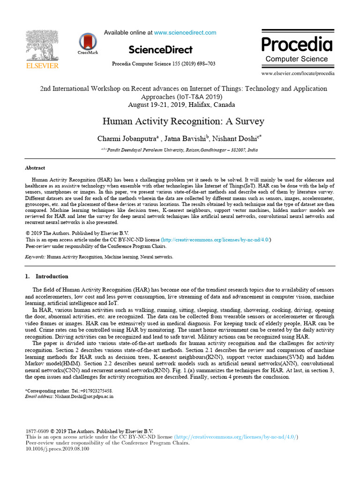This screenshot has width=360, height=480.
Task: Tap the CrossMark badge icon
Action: [x=88, y=43]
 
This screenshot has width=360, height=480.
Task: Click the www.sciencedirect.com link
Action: [x=185, y=33]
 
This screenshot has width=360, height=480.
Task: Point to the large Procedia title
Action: [x=297, y=45]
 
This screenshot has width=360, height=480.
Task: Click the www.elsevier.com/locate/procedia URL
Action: [x=298, y=74]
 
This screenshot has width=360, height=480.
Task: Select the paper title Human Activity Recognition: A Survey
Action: [x=183, y=122]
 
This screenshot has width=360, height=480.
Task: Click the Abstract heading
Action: [x=35, y=168]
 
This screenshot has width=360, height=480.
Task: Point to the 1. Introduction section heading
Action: [x=46, y=276]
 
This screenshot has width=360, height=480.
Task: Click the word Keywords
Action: [x=35, y=257]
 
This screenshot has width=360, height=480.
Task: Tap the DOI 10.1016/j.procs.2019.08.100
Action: [x=57, y=449]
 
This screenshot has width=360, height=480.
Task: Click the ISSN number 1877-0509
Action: [x=37, y=431]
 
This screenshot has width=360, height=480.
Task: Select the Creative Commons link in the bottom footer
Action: [x=235, y=437]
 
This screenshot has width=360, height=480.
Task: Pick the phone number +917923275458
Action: [x=96, y=390]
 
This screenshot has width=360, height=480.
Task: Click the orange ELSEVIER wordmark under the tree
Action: [x=42, y=66]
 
